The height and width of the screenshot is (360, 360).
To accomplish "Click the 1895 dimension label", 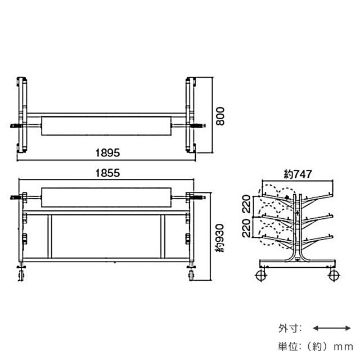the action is tap(107, 152).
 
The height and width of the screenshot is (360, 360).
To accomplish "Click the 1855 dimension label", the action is tap(107, 173).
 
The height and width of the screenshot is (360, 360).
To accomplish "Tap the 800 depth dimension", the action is tap(220, 116).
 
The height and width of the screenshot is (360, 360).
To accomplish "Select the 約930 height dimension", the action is tap(220, 238).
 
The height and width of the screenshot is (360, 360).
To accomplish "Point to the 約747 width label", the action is tap(298, 174).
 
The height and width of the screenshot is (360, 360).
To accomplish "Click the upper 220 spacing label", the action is tap(246, 204).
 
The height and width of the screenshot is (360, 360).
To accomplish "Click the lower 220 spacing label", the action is tap(246, 228).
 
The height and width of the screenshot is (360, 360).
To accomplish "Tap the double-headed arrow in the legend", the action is tap(332, 328).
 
